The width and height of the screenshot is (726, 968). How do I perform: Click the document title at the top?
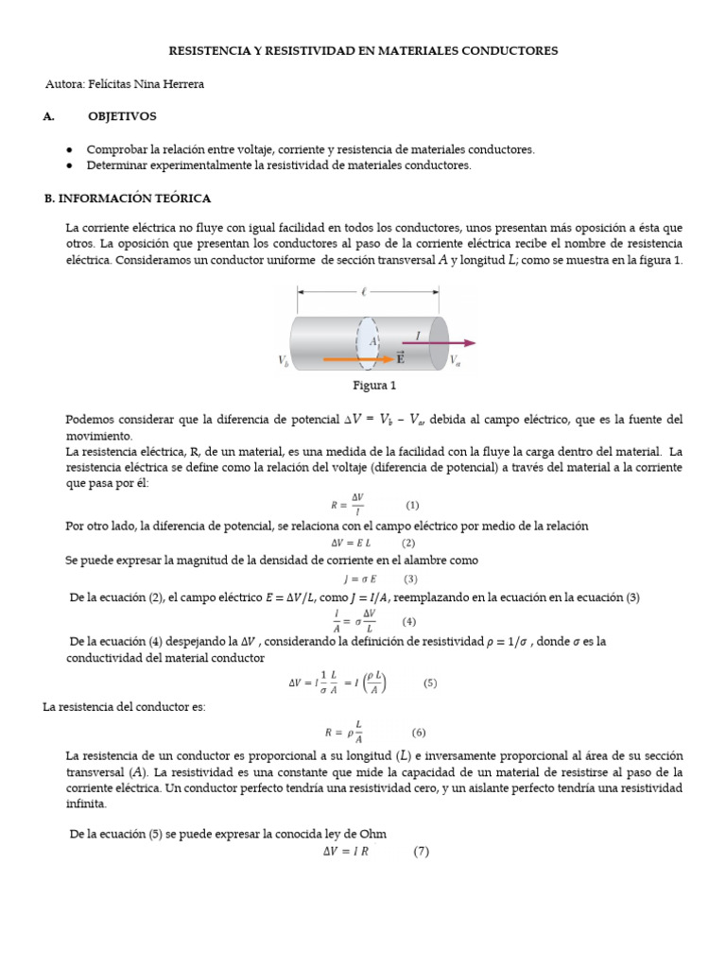click(x=363, y=50)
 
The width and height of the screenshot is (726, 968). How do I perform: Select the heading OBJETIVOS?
click(x=122, y=116)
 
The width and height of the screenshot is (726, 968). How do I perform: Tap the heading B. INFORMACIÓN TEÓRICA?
click(x=128, y=199)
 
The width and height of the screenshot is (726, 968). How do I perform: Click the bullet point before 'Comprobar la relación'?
click(x=70, y=149)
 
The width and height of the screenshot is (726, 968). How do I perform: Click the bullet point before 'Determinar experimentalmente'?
click(x=70, y=165)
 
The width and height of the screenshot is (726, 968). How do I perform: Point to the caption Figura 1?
click(x=373, y=387)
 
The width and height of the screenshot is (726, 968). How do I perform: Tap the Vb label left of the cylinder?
click(x=284, y=360)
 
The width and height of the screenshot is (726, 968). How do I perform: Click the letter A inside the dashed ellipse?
click(x=373, y=341)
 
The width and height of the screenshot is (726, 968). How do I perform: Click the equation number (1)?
click(x=412, y=505)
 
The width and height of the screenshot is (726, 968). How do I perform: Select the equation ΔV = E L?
click(x=351, y=543)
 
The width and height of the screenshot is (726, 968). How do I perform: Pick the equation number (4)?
click(x=408, y=621)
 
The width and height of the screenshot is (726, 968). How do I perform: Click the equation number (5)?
click(x=430, y=683)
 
